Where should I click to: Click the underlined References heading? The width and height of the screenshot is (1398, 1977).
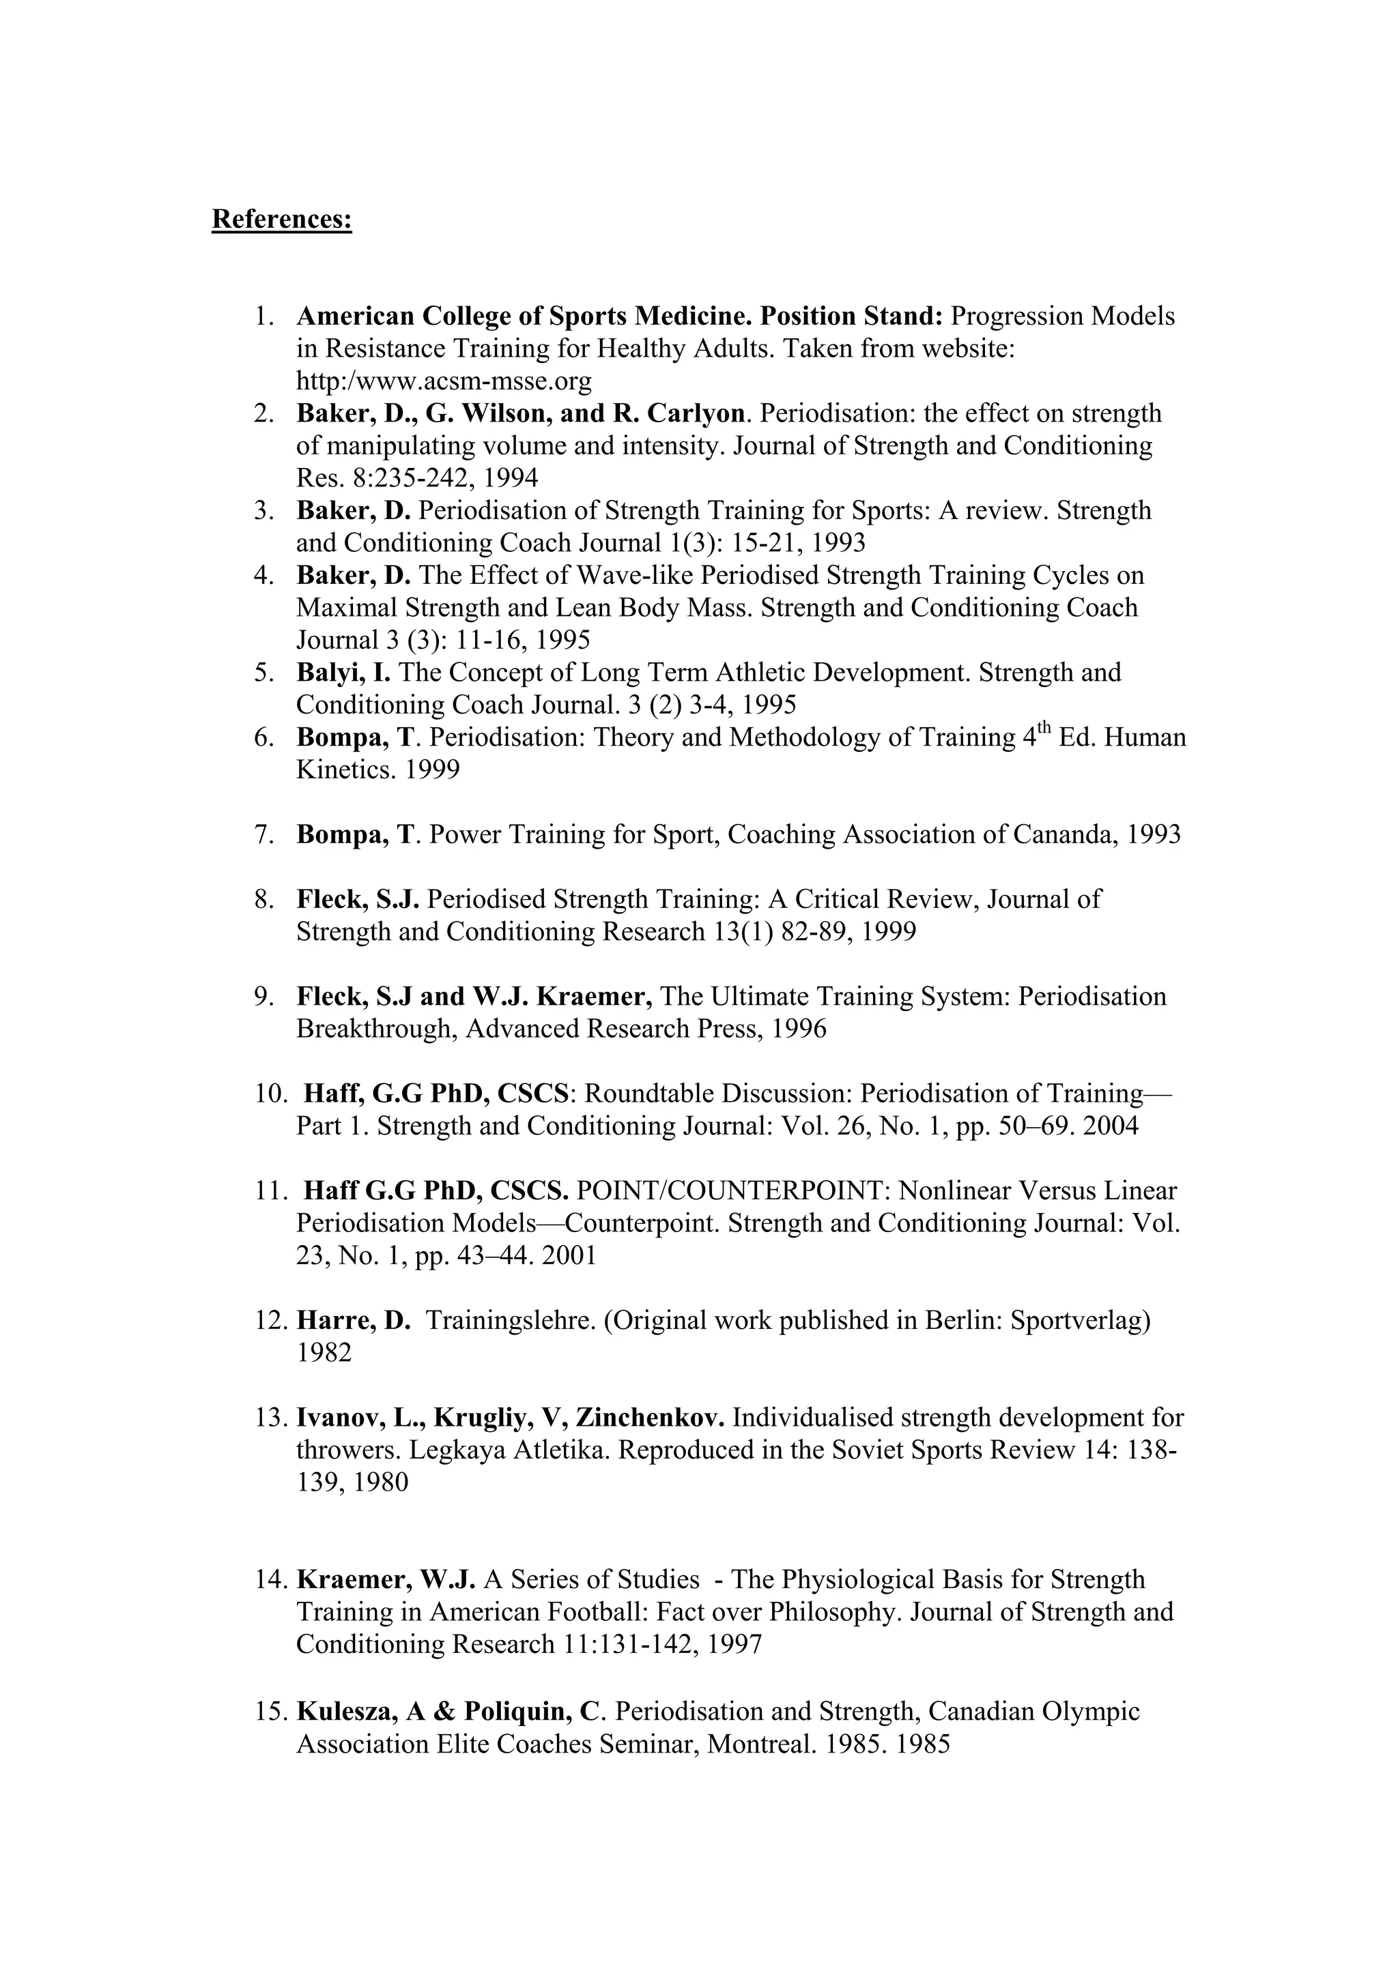point(282,220)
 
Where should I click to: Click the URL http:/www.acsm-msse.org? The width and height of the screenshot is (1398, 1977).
point(444,381)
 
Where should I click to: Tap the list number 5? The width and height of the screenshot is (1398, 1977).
point(263,673)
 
